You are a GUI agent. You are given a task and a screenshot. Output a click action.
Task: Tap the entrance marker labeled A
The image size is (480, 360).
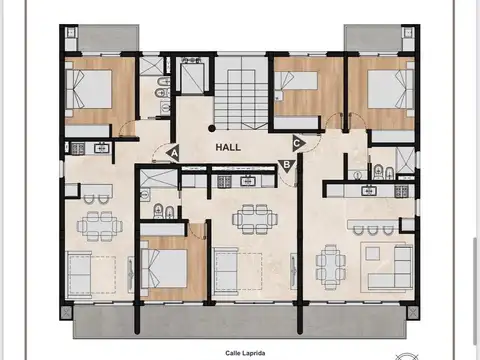(173, 153)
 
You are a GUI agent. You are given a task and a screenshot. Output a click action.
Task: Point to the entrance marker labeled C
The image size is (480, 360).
(297, 141)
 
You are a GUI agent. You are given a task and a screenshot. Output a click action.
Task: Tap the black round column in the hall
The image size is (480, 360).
(211, 127)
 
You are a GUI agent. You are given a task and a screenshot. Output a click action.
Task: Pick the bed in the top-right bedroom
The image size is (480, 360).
(387, 89)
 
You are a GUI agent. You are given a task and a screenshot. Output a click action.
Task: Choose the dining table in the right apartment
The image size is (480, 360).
(331, 264)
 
